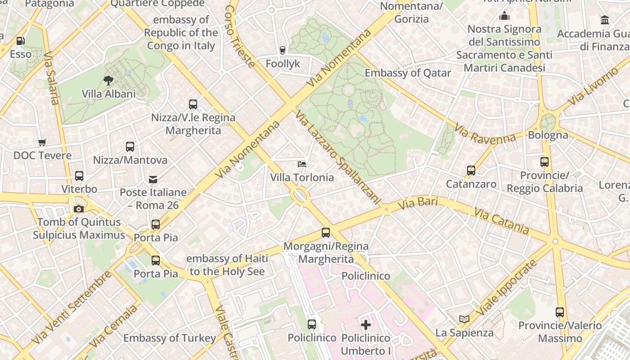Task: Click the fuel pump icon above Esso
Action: coord(20,41)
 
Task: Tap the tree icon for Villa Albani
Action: coord(108,81)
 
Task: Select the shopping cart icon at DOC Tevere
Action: coord(42,143)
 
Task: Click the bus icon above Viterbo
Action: coord(79,175)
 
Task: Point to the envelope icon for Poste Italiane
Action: coord(153,180)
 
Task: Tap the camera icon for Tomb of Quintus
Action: coord(79,209)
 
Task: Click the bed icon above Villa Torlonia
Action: coord(302,164)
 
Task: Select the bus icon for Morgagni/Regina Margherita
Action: coord(325,233)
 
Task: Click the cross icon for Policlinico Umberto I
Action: coord(366,324)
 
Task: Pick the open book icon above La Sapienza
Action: coord(464,319)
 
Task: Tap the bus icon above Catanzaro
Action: coord(471,171)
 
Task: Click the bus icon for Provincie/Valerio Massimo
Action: coord(560,312)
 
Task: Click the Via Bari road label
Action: coord(418,203)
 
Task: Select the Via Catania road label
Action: coord(501,220)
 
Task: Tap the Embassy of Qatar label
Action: coord(408,73)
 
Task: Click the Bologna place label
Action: coord(548,135)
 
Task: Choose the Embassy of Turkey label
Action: coord(170,338)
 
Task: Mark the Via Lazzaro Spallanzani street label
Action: coord(338,158)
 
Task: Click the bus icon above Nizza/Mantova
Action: coord(130,147)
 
